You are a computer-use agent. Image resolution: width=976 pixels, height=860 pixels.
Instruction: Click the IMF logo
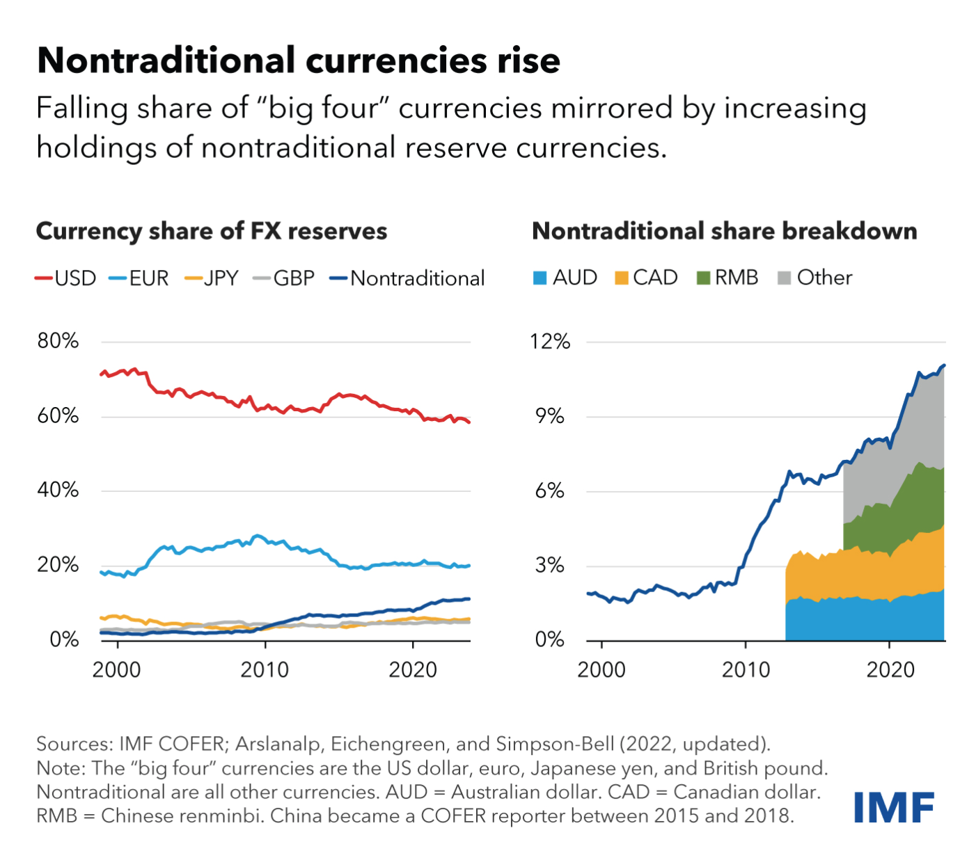coord(893,807)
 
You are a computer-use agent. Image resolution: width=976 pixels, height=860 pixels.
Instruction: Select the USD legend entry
coord(66,278)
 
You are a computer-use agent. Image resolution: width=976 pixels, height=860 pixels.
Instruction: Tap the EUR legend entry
coord(139,278)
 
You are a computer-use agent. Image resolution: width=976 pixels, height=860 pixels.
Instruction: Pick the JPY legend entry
coord(212,278)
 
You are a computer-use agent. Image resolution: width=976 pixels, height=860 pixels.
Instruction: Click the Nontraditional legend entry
coord(407,278)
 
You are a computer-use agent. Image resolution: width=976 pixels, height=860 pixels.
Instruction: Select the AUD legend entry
coord(565,278)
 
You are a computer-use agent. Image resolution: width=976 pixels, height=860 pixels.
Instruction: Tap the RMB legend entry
coord(727,278)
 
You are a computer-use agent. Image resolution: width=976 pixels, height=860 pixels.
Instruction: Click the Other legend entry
coord(815,278)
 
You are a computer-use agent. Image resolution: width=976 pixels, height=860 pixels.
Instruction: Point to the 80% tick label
coord(58,341)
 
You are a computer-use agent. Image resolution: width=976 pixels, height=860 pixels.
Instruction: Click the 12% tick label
coord(550,342)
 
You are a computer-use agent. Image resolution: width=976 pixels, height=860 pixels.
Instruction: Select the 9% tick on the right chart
coord(550,416)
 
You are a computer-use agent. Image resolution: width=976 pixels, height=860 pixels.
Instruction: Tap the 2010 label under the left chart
coord(265,670)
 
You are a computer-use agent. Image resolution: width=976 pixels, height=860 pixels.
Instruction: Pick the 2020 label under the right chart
coord(890,670)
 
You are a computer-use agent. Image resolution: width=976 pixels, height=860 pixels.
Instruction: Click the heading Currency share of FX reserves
coord(212,231)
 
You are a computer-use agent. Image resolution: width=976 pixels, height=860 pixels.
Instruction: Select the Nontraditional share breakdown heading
coord(724,231)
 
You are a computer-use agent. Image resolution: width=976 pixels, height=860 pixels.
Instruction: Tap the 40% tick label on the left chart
coord(58,490)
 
